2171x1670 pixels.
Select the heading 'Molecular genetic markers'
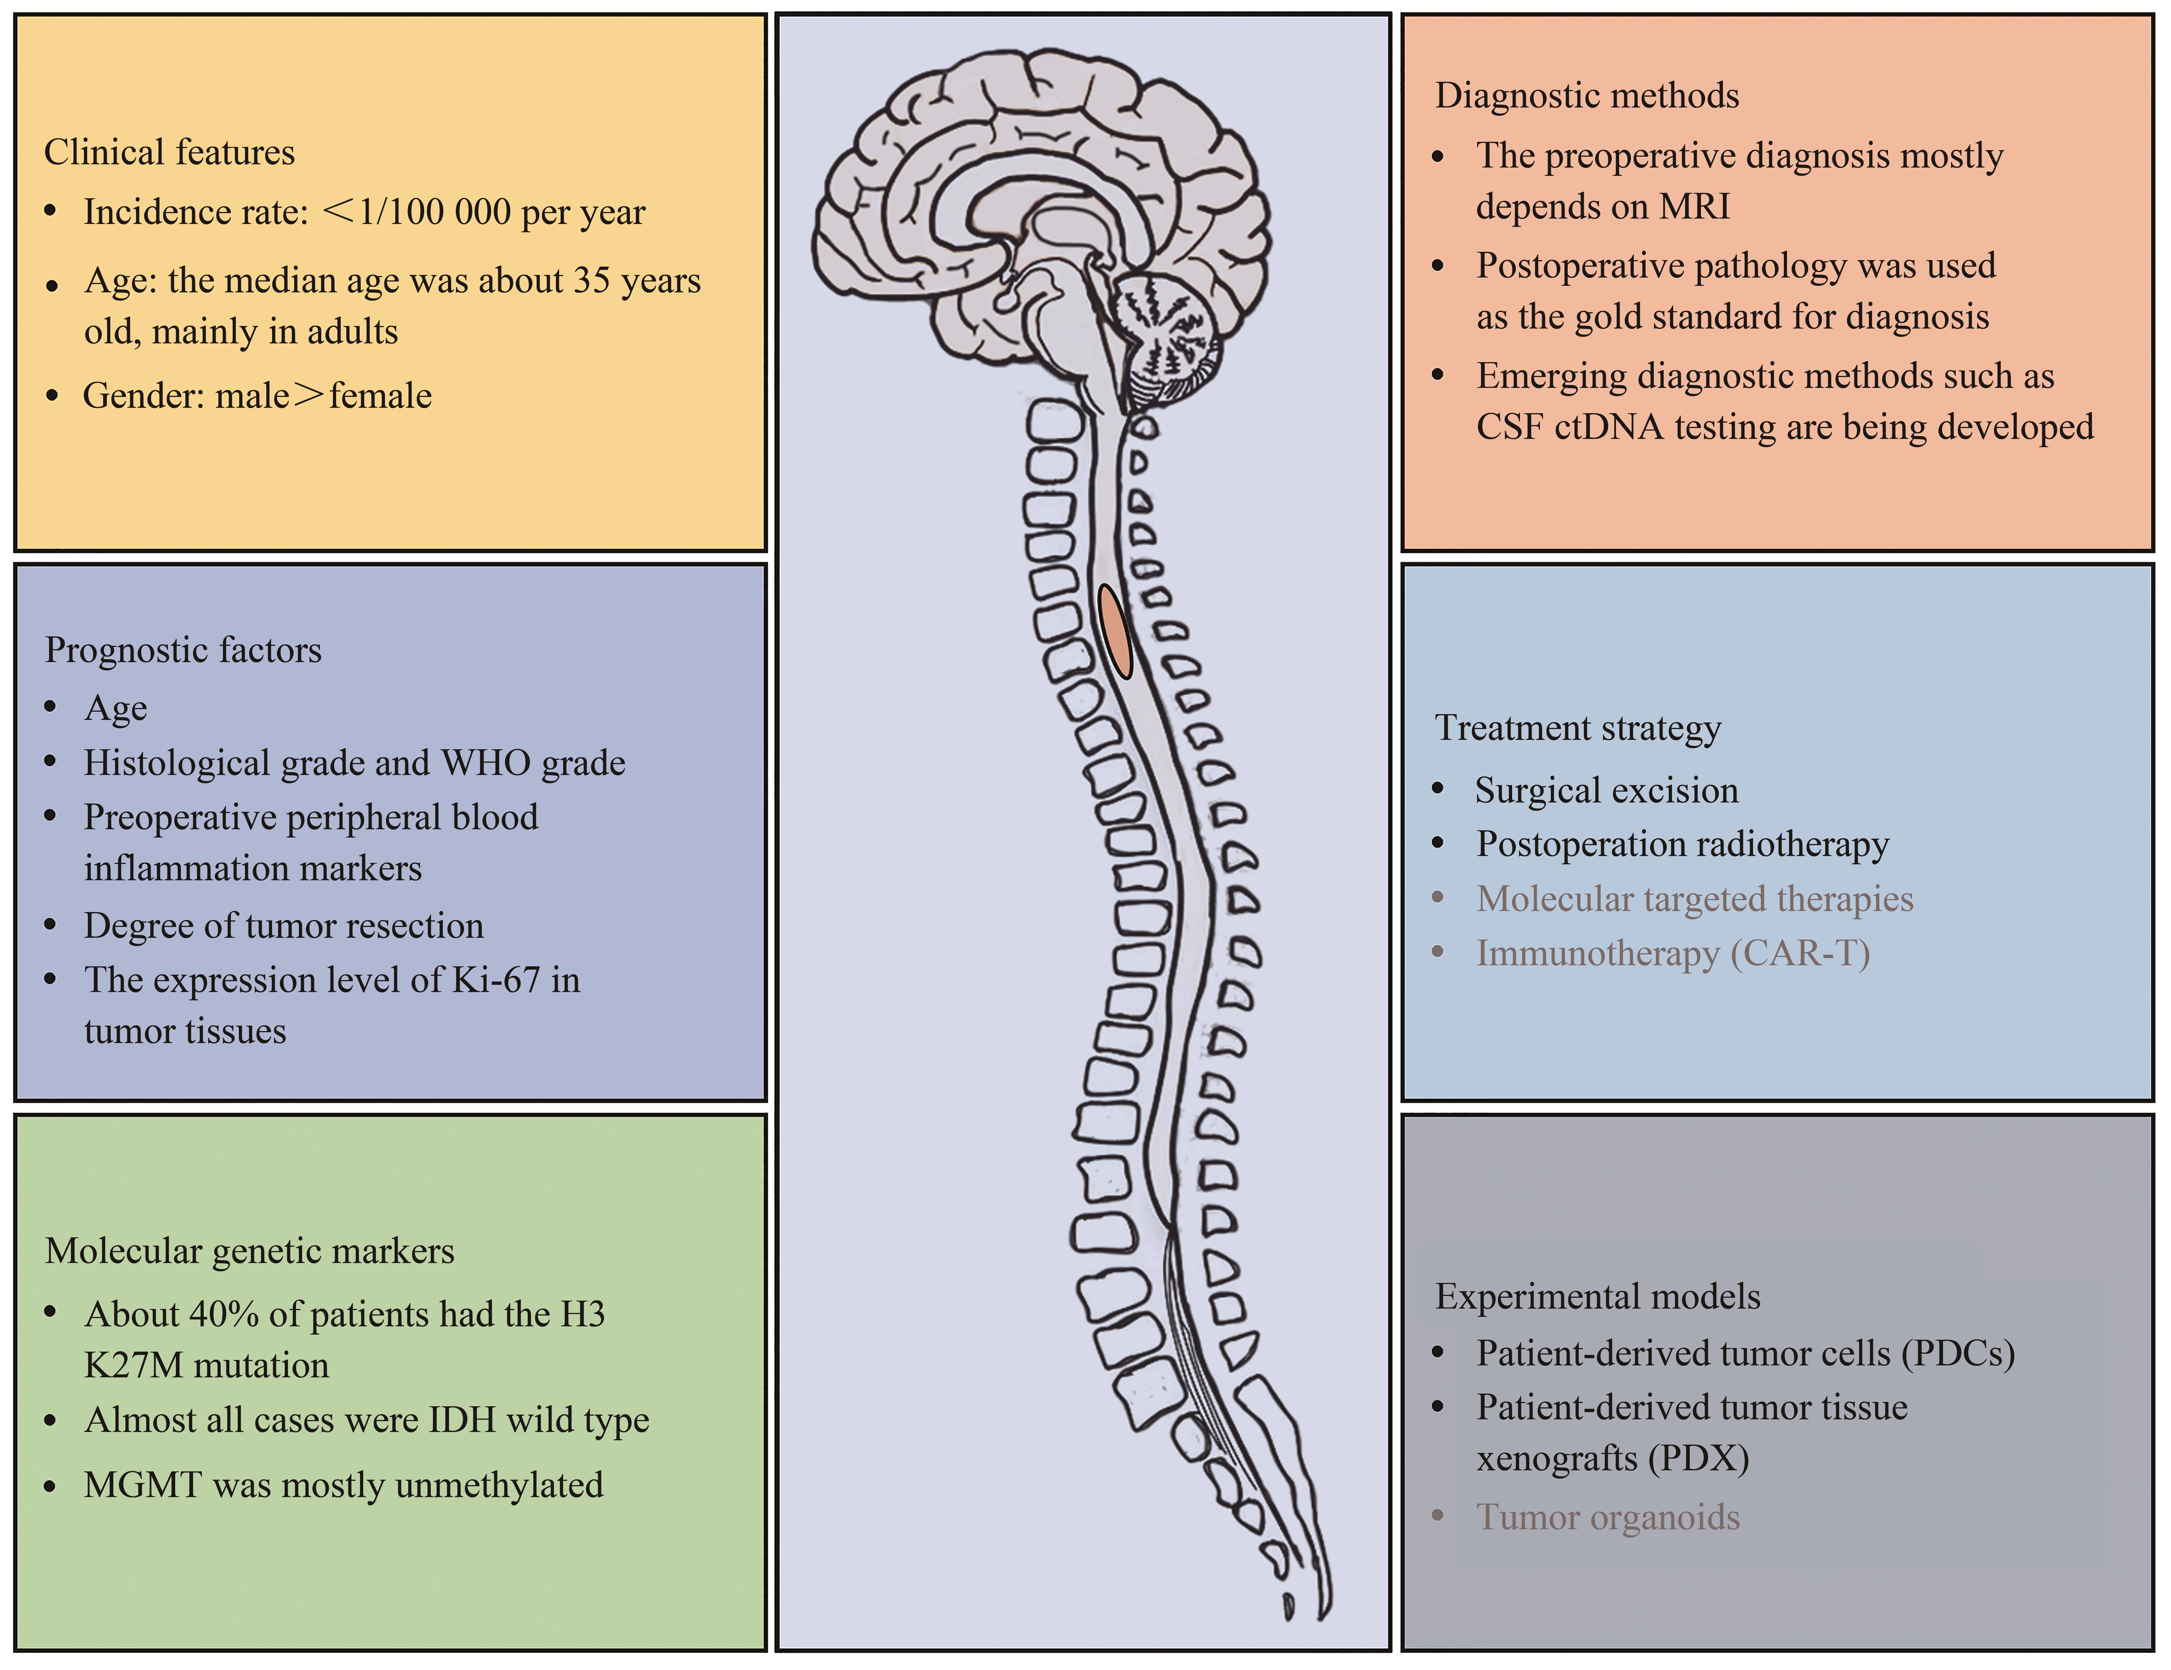click(250, 1251)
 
